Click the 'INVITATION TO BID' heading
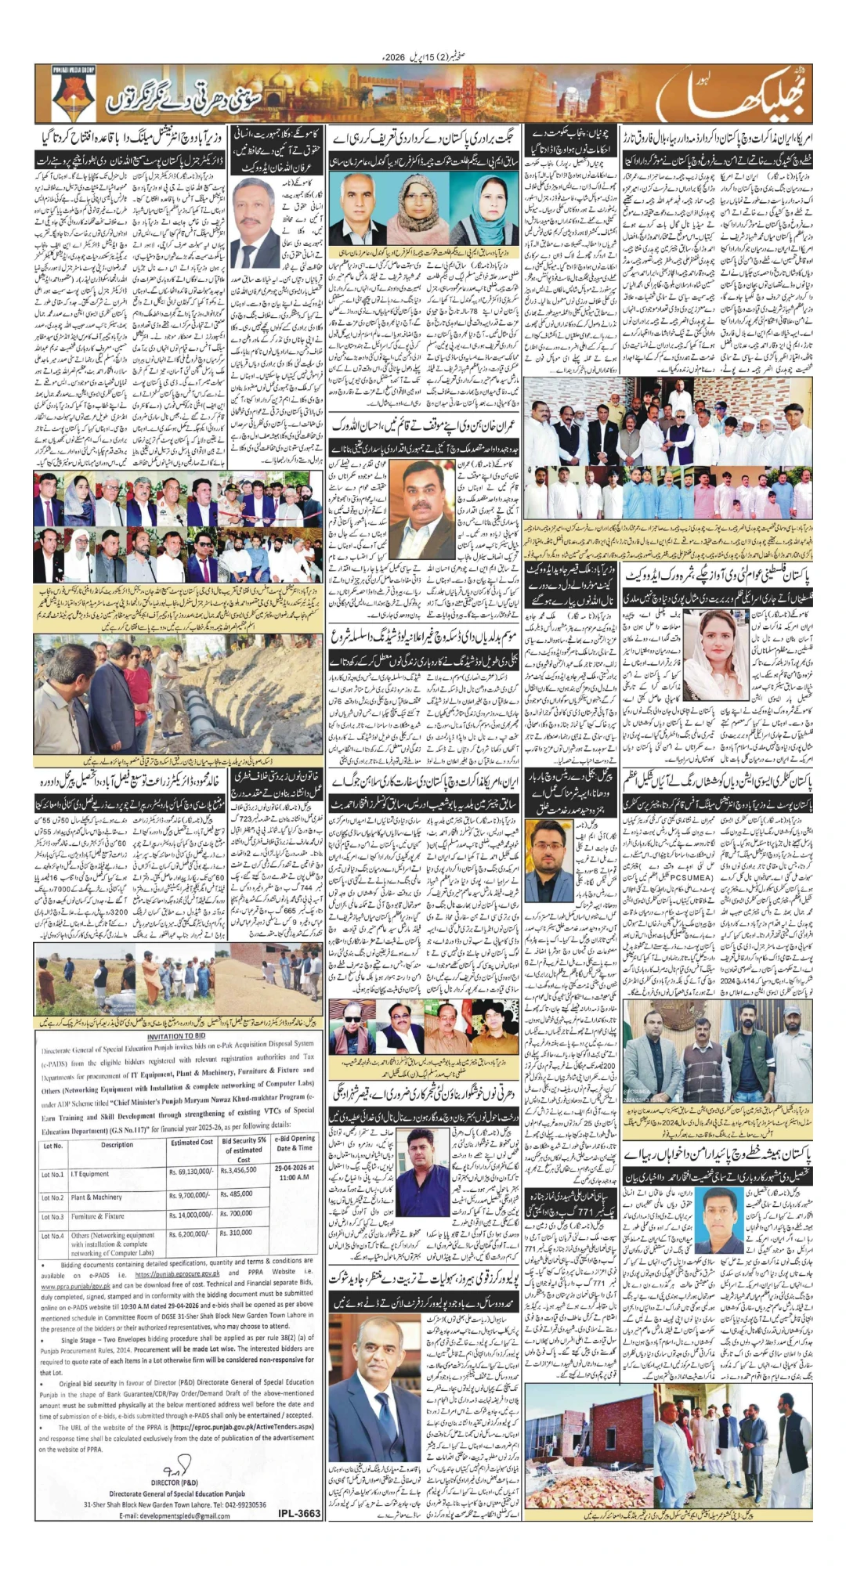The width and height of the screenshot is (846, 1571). (x=176, y=1036)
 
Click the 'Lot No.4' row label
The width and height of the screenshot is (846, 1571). (x=52, y=1236)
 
